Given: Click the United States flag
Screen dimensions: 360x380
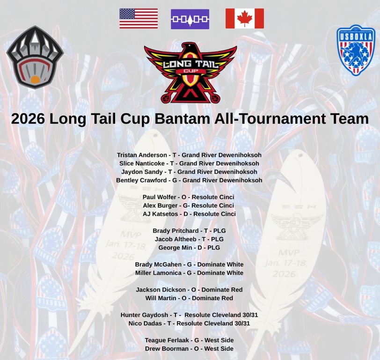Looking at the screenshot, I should pyautogui.click(x=139, y=19).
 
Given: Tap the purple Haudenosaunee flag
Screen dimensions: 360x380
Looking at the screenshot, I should pyautogui.click(x=190, y=19).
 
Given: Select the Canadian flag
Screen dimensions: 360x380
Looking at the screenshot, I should pyautogui.click(x=244, y=19).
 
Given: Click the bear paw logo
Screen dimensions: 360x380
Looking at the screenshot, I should pyautogui.click(x=35, y=58).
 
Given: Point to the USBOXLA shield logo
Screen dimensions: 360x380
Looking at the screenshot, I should pyautogui.click(x=356, y=50).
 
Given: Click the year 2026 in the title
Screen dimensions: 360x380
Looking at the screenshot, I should pyautogui.click(x=28, y=118).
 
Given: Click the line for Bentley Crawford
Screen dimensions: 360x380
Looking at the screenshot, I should pyautogui.click(x=189, y=180).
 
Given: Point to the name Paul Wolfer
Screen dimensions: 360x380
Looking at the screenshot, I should pyautogui.click(x=159, y=197).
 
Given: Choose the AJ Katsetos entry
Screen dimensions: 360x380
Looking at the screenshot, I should pyautogui.click(x=189, y=214).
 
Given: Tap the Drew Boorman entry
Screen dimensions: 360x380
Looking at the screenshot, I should pyautogui.click(x=189, y=349).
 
